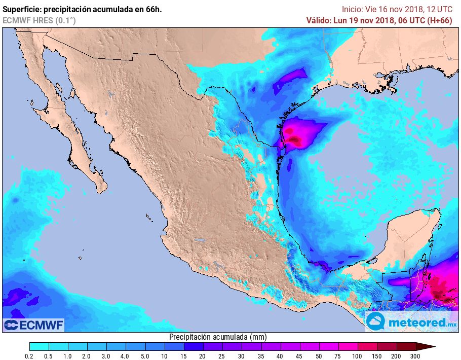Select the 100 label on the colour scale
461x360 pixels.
tap(358, 356)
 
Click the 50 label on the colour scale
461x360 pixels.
tap(320, 356)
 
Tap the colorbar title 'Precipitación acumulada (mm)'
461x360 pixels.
tap(218, 337)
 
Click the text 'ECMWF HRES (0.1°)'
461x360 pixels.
tap(39, 20)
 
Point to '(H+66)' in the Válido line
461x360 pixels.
tap(440, 20)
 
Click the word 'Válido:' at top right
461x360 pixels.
tap(318, 20)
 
